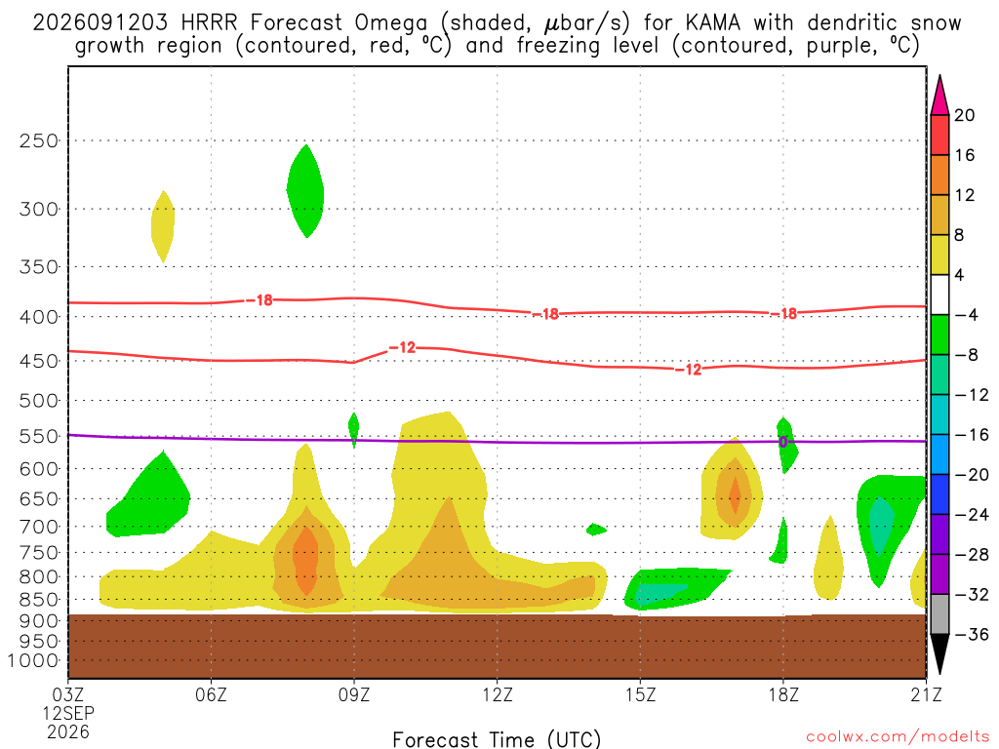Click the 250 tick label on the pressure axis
[39, 140]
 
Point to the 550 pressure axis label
[39, 436]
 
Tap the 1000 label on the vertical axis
[33, 661]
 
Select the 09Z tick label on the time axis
[354, 694]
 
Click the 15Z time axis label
[640, 694]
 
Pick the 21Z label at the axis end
[926, 694]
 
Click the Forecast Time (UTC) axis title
[497, 739]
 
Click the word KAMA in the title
[713, 23]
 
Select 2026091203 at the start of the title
[100, 23]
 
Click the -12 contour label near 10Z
[402, 348]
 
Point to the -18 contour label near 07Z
[260, 299]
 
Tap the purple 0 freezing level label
[783, 442]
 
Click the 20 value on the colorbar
[964, 115]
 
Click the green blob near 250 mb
[305, 190]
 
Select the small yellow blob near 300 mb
[163, 225]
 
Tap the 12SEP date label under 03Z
[69, 713]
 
